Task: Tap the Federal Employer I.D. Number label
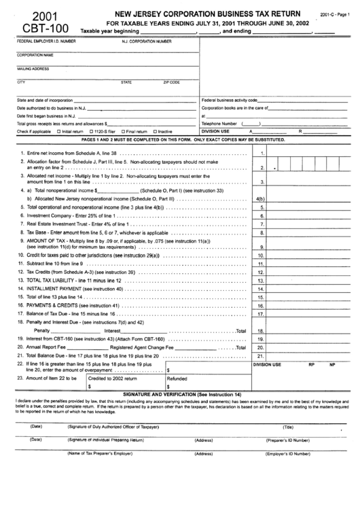[46, 41]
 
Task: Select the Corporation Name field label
[35, 54]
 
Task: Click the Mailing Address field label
[33, 69]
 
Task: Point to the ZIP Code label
[171, 82]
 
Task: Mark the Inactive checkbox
[155, 131]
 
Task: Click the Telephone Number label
[219, 124]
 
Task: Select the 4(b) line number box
[261, 198]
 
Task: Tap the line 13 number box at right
[261, 280]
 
